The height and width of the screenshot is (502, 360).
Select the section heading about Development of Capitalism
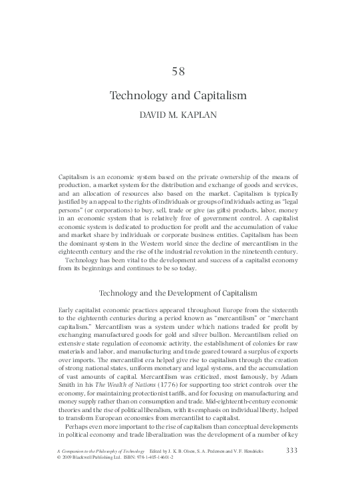tap(178, 293)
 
